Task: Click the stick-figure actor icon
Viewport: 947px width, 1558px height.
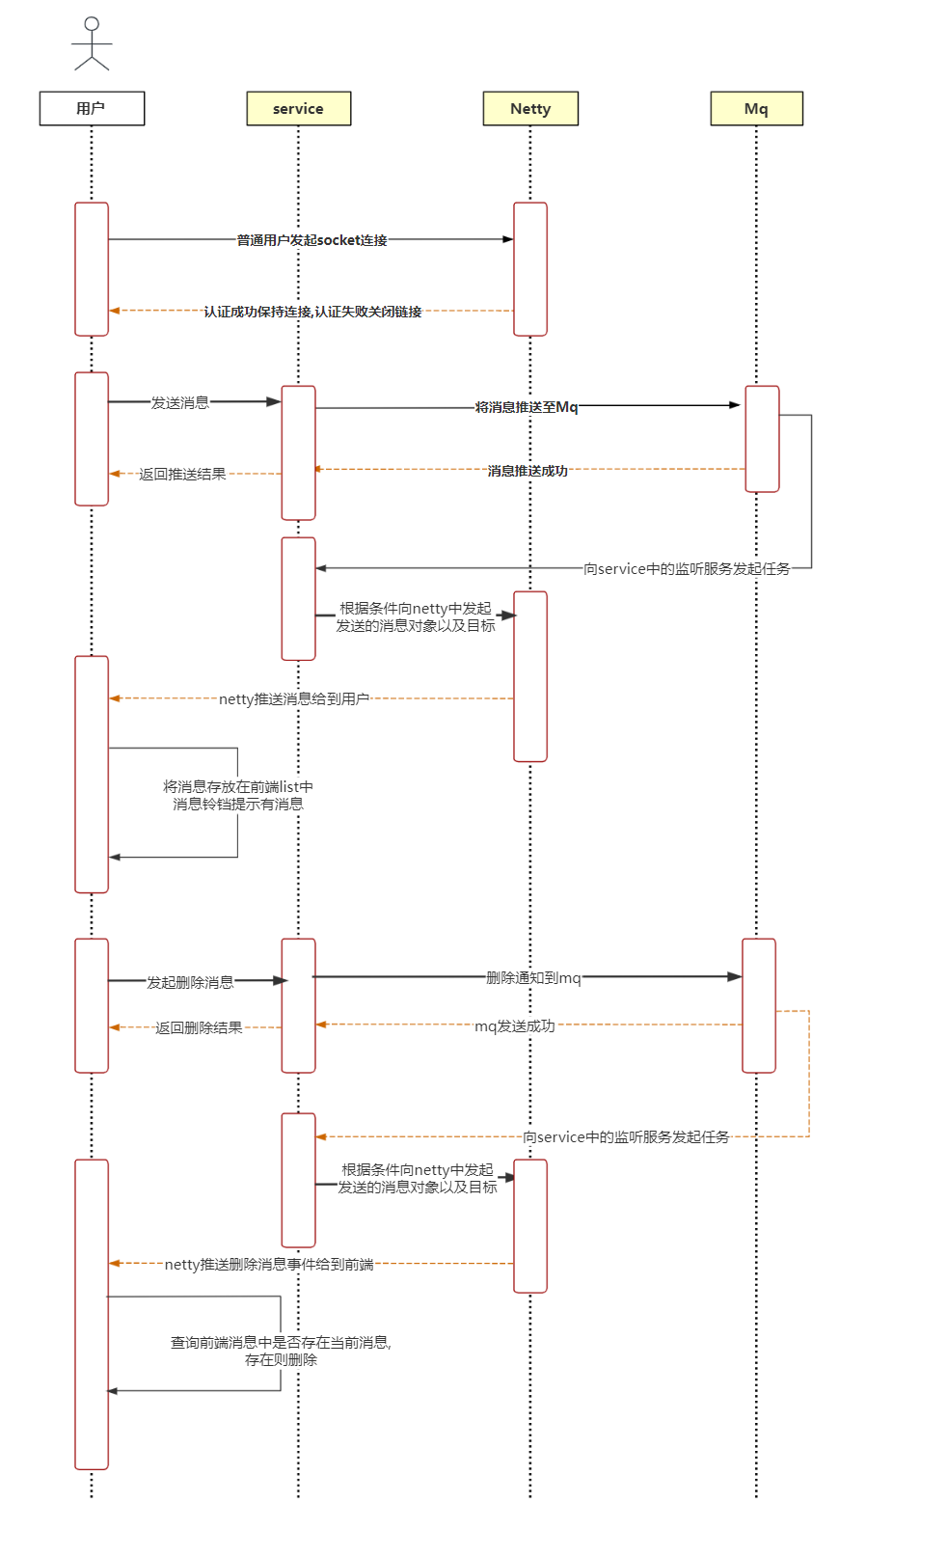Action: [x=92, y=43]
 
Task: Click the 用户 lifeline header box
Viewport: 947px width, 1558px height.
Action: [x=92, y=109]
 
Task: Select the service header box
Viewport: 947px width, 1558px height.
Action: [x=298, y=109]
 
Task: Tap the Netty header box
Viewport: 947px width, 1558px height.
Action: [x=530, y=109]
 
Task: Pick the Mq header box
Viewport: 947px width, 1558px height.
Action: [x=756, y=109]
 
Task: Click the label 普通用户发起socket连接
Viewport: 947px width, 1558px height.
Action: [x=312, y=240]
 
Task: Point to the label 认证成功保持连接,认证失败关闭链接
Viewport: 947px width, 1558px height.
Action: [x=312, y=312]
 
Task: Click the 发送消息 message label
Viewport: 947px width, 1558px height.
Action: [x=180, y=402]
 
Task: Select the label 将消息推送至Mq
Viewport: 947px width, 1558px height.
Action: [x=527, y=407]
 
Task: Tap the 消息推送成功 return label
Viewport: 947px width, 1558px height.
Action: [x=528, y=471]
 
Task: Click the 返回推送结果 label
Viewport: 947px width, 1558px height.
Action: [x=182, y=474]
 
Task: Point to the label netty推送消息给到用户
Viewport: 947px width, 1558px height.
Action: [x=294, y=698]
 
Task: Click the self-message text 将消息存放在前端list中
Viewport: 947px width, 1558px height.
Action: [x=238, y=787]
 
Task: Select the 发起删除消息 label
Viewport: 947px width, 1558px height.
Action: [x=190, y=982]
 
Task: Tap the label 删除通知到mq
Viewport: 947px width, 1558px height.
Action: [x=533, y=978]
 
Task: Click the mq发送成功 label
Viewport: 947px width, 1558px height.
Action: [x=515, y=1025]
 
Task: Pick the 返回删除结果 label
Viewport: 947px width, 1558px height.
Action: [x=199, y=1027]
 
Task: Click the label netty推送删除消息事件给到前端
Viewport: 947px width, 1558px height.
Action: [x=269, y=1264]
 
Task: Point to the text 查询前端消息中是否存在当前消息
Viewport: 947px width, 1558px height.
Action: [x=281, y=1342]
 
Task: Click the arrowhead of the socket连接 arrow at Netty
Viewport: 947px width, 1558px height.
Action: [x=508, y=239]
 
